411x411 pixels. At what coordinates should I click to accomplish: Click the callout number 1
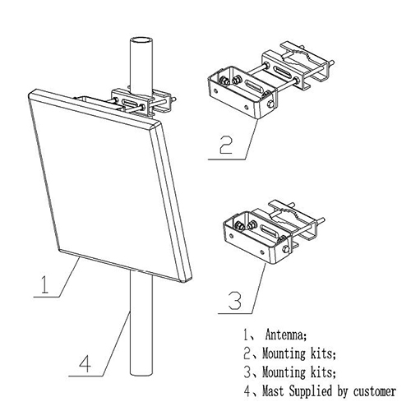45,284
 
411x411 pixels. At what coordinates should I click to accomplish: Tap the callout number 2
226,145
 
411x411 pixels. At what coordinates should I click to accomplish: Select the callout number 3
235,301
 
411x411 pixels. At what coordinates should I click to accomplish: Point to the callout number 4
85,363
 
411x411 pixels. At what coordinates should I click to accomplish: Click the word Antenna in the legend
286,335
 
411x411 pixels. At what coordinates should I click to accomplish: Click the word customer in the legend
375,391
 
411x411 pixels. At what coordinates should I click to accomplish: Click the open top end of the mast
141,40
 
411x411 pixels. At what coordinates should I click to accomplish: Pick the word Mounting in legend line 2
284,353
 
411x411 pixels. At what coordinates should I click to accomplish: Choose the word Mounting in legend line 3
284,372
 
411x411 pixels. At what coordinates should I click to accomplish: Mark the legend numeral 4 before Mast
247,391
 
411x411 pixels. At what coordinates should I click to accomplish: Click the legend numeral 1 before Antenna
247,335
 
